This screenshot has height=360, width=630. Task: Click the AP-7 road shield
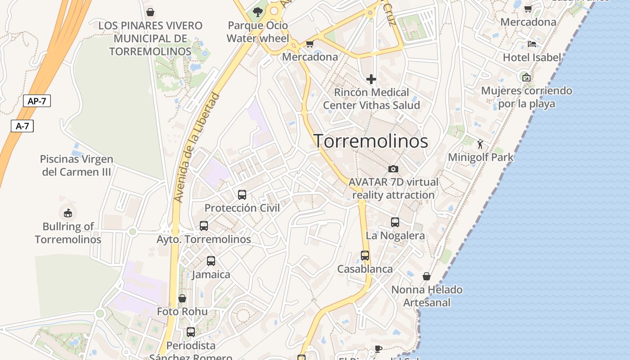37,101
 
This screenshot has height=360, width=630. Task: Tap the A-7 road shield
22,126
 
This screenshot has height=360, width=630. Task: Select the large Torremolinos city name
370,141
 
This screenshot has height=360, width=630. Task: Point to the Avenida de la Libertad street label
197,148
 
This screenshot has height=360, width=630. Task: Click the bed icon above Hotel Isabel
531,44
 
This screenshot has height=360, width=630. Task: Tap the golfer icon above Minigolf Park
480,144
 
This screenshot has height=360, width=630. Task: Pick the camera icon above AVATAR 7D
393,169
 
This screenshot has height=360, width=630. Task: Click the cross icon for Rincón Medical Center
371,80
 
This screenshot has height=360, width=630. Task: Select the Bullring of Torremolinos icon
68,213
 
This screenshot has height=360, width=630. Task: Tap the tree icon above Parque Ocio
258,12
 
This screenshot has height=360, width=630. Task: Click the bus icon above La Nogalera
395,222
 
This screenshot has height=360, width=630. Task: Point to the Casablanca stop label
365,269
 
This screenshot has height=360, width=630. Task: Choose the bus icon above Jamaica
211,261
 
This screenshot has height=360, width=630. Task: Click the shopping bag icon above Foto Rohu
182,298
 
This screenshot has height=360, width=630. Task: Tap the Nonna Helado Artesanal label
427,296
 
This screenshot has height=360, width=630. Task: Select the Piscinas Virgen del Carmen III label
76,165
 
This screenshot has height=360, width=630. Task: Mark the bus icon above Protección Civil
242,195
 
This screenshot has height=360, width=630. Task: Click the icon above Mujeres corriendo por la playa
526,77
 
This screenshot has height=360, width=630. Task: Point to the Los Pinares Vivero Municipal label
150,38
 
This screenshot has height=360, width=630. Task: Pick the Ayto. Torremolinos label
203,239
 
